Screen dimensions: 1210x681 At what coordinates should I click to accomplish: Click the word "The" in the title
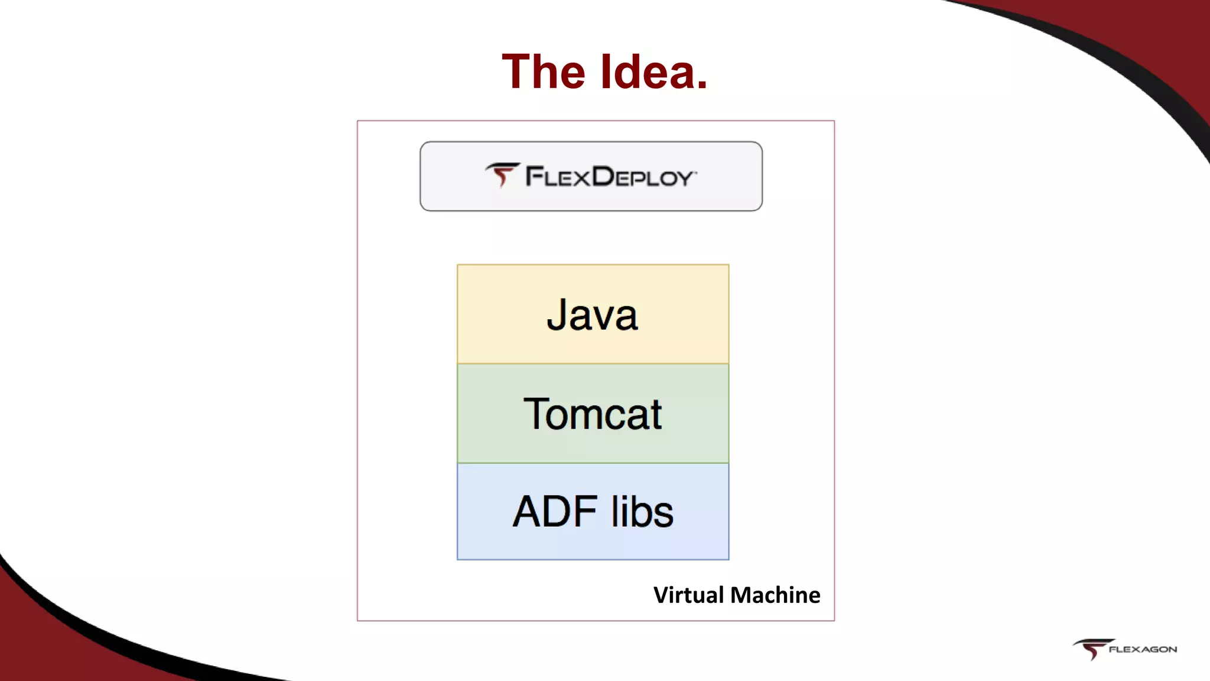coord(544,72)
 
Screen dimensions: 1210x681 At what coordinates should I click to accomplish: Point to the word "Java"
coord(593,314)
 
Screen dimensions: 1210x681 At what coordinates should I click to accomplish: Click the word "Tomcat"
coord(593,414)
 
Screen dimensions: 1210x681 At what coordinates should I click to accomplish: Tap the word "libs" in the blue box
coord(642,511)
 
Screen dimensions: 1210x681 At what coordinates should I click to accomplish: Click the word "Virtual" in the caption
coord(688,595)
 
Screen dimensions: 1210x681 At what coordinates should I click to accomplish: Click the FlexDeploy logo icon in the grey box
coord(502,174)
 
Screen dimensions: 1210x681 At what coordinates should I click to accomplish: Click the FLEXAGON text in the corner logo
coord(1143,649)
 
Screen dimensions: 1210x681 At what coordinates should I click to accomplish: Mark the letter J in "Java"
coord(557,314)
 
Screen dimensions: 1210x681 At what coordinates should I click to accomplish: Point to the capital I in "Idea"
coord(606,72)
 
